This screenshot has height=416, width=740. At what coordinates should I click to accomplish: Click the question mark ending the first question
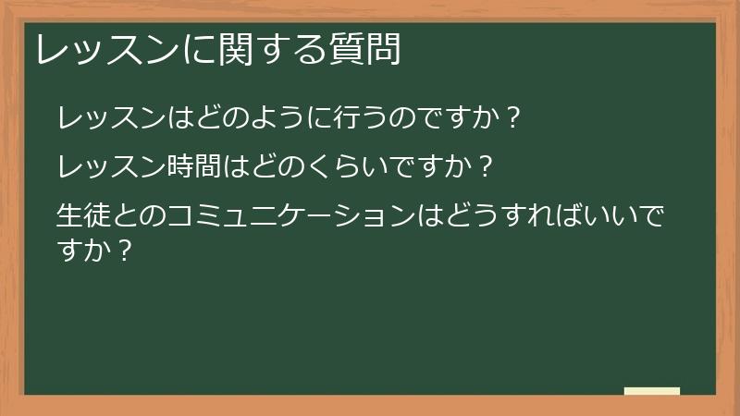click(x=513, y=118)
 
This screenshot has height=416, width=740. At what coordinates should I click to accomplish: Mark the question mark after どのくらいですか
click(x=486, y=168)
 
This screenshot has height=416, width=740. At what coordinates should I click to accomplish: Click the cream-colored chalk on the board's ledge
click(x=652, y=391)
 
